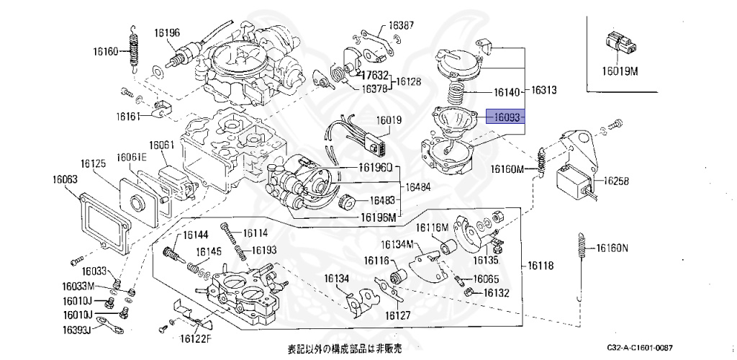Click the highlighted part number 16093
(506, 116)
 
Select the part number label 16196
(167, 32)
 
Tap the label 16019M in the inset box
(620, 71)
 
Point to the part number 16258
(616, 182)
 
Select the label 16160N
(610, 249)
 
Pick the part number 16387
(402, 24)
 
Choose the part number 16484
(419, 186)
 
